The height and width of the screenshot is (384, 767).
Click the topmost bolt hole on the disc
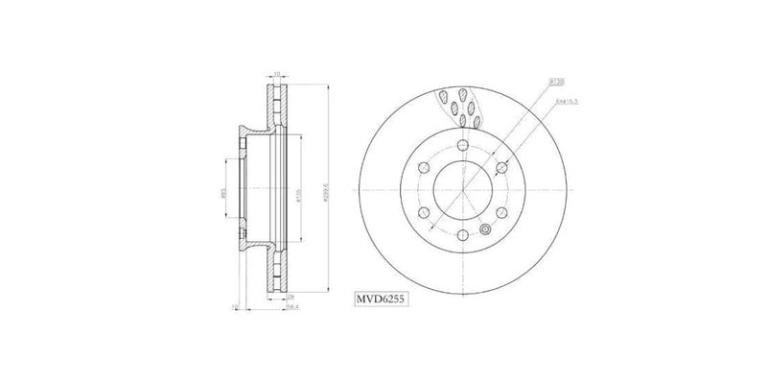(461, 144)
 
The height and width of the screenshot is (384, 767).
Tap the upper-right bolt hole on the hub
(501, 168)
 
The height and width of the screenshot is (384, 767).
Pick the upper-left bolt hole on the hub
(421, 168)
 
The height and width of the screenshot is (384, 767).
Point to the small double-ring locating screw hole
(485, 229)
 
